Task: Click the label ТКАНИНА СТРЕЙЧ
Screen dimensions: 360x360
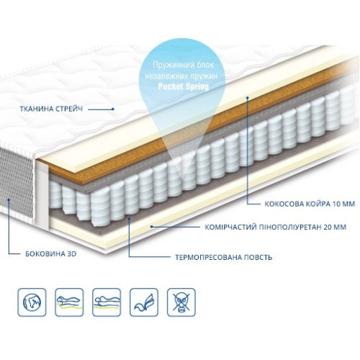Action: (x=51, y=109)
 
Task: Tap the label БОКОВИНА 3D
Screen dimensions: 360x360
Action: (x=51, y=253)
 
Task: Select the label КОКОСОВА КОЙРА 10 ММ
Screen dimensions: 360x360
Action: (x=310, y=204)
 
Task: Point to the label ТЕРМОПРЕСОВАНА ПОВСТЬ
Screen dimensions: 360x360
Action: (x=223, y=258)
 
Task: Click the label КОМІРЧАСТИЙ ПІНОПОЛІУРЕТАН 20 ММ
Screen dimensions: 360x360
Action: (x=275, y=227)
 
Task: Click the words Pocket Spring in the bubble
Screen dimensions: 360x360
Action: (x=184, y=86)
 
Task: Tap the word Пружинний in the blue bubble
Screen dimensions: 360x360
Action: (x=168, y=65)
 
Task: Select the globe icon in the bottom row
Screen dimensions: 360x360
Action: (x=32, y=302)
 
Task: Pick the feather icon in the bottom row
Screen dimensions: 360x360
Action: (x=144, y=302)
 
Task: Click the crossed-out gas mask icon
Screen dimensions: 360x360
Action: (x=181, y=302)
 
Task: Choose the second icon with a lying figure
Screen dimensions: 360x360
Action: (x=107, y=302)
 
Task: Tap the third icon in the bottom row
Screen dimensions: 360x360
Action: (x=107, y=302)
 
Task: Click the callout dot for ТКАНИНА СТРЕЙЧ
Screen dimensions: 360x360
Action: (x=113, y=109)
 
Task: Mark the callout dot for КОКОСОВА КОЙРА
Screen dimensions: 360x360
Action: (x=248, y=98)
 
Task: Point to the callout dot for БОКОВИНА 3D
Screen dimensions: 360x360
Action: (x=9, y=199)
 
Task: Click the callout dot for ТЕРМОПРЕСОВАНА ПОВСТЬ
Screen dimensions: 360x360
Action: (x=129, y=219)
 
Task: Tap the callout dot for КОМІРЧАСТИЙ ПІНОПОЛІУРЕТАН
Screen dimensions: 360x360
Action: (x=151, y=226)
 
